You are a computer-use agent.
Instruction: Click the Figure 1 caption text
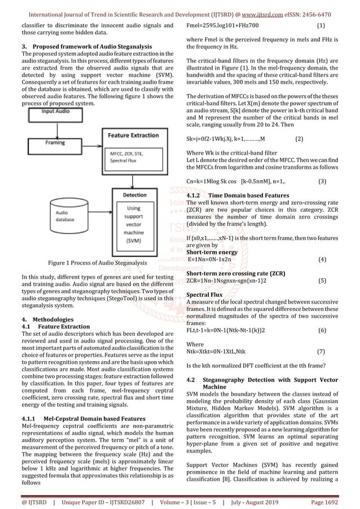(97, 263)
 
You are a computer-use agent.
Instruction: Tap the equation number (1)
(321, 26)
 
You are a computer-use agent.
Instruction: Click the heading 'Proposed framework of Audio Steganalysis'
(88, 45)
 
